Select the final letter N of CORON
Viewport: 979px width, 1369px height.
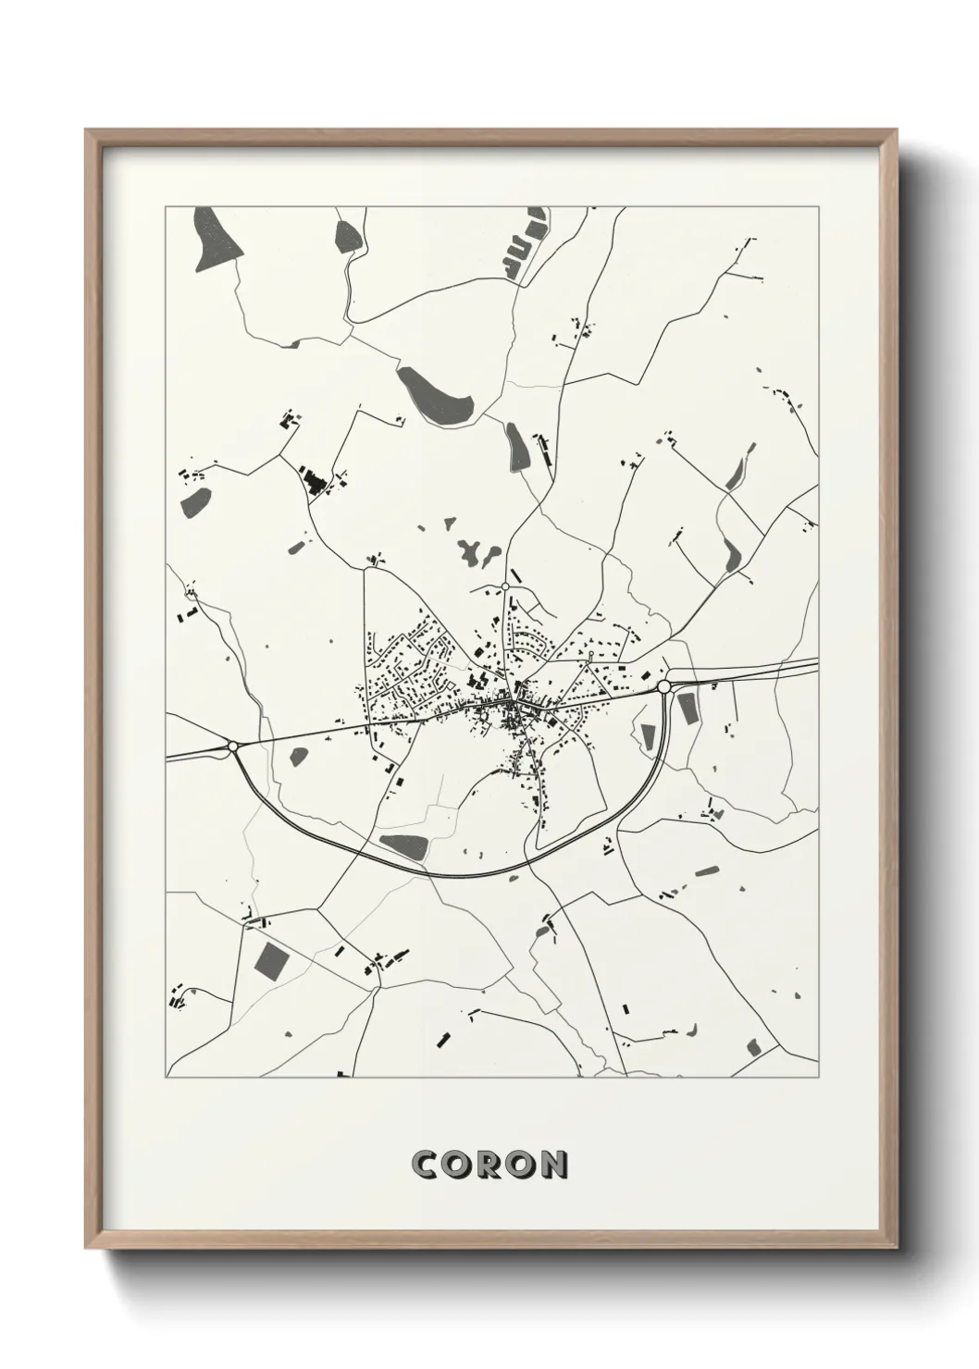[552, 1165]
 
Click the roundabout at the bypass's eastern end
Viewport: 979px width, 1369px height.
[663, 686]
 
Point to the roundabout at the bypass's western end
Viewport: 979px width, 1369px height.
[233, 746]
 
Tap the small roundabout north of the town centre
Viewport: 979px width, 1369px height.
[505, 586]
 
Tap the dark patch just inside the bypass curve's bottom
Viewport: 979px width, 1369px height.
[403, 846]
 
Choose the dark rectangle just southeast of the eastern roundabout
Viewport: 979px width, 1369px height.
[688, 709]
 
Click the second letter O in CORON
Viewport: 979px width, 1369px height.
[521, 1165]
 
